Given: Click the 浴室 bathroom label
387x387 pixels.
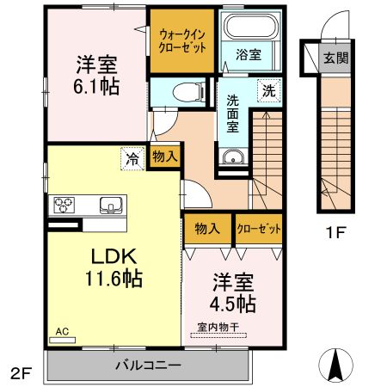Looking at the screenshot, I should pos(249,53).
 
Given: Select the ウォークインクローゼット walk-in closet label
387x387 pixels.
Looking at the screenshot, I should pos(182,40).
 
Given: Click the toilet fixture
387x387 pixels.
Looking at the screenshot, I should pos(182,92).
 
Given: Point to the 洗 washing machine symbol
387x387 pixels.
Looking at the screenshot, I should pos(268,90).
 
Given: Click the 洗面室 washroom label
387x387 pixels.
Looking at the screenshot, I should pos(232,112).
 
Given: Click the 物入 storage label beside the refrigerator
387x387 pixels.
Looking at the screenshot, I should pos(164,157).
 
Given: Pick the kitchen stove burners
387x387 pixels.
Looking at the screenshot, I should pos(65,205).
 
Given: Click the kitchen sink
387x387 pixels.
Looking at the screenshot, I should pos(111,205).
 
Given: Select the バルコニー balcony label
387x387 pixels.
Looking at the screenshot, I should pos(148,365).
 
